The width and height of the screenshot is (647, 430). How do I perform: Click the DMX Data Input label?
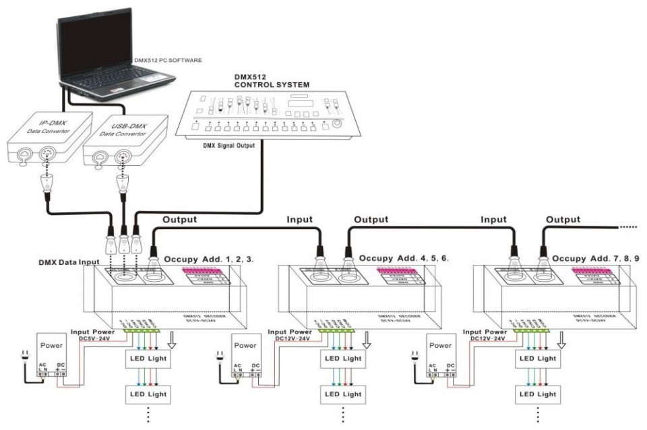pos(69,261)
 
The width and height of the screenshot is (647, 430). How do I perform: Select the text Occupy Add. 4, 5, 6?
pos(404,258)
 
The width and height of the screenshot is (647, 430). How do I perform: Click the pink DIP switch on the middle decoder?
pos(399,271)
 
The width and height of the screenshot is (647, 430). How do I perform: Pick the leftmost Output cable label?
pos(180,220)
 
